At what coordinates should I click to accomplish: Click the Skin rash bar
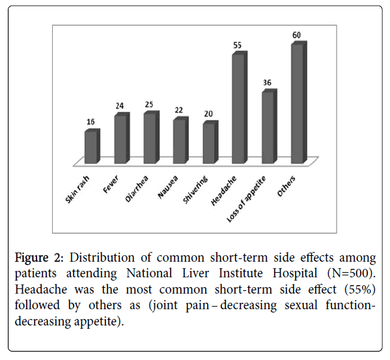point(92,146)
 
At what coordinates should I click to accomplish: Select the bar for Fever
point(122,138)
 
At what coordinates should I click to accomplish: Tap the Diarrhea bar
point(152,137)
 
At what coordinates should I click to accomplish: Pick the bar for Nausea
point(181,140)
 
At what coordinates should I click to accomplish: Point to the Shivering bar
point(210,142)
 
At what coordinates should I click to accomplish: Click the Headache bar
point(240,107)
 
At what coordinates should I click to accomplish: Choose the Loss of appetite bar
point(270,126)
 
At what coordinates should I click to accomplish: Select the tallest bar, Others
point(299,102)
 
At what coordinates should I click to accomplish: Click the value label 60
point(296,35)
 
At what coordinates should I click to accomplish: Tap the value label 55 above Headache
point(237,46)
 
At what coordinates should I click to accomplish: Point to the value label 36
point(267,83)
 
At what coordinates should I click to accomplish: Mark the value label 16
point(91,122)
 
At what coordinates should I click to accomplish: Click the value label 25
point(149,104)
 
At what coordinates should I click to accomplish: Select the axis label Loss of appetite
point(247,199)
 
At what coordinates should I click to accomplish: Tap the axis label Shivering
point(195,189)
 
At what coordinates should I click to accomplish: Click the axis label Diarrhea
point(137,189)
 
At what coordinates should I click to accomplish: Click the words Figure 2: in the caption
point(39,258)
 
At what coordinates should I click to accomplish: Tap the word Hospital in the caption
point(295,274)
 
